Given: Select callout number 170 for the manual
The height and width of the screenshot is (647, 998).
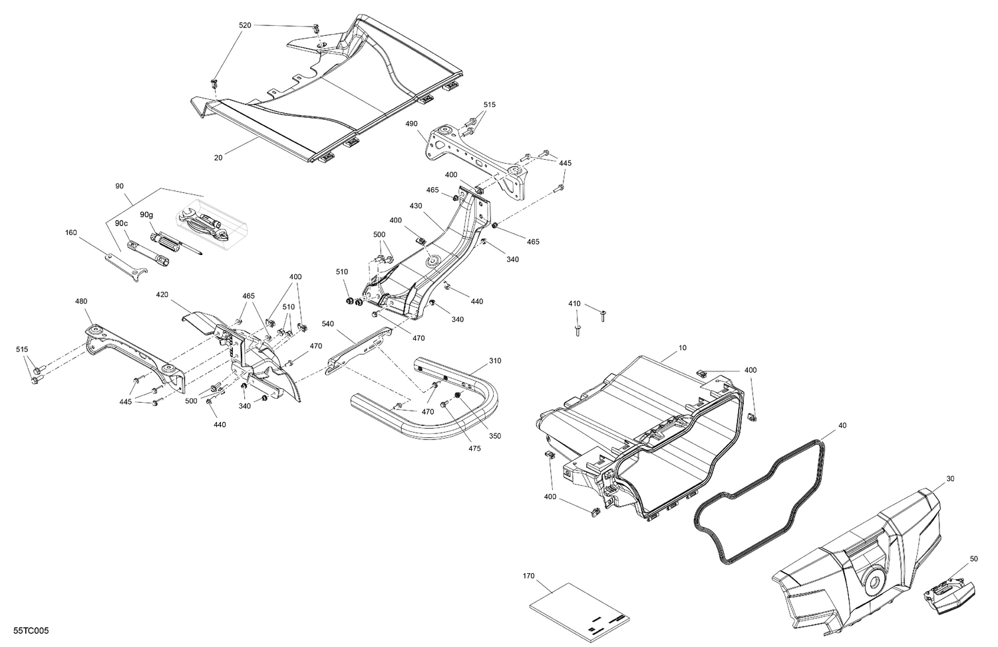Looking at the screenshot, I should coord(529,576).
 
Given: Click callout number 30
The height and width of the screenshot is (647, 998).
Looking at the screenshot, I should coord(950,479).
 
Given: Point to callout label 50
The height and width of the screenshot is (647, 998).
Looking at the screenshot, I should coord(973,558).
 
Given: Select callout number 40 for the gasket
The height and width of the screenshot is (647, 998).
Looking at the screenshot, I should coord(842,425).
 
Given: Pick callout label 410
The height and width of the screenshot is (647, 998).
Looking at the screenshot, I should coord(574,304).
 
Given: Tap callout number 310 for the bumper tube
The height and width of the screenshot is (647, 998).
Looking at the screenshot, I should coord(495,361).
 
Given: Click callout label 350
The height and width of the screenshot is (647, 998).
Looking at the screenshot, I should coord(495,436).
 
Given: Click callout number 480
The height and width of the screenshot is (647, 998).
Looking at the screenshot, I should coord(81,301).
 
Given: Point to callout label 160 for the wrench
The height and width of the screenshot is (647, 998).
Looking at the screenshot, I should coord(71,233).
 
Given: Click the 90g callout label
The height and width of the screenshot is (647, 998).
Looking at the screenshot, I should coord(146,215).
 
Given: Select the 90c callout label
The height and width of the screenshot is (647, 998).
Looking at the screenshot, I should coord(120,223).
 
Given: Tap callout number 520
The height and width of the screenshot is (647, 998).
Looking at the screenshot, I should coord(246,25).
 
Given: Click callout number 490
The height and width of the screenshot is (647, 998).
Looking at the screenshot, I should coord(411,124).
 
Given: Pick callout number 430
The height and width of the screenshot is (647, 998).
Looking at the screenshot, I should coord(416,206).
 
